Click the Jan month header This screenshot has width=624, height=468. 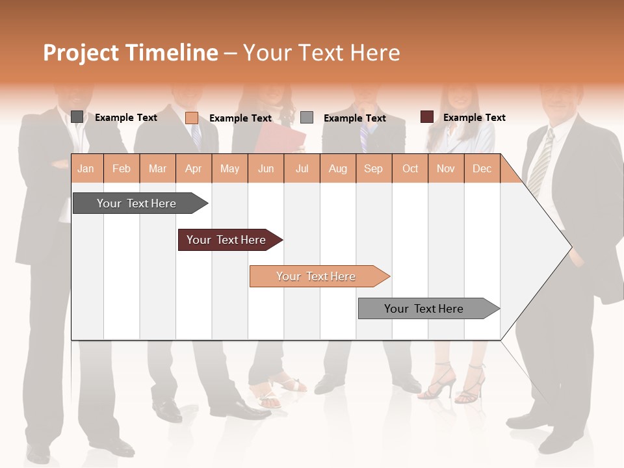tap(86, 168)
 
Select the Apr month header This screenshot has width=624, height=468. tap(194, 168)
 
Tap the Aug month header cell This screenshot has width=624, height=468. tap(337, 168)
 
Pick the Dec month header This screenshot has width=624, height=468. tap(482, 168)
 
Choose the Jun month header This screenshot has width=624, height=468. tap(266, 168)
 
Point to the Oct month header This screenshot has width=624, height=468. tap(410, 168)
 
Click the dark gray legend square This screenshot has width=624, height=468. tap(77, 117)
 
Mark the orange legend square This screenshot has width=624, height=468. tap(192, 118)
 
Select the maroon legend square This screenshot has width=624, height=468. tap(427, 117)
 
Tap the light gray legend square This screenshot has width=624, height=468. tap(307, 117)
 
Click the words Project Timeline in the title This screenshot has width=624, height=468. tap(131, 53)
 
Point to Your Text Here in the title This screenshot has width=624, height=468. tap(321, 53)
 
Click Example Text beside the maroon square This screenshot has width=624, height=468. tap(474, 118)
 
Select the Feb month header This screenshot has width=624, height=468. tap(122, 168)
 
